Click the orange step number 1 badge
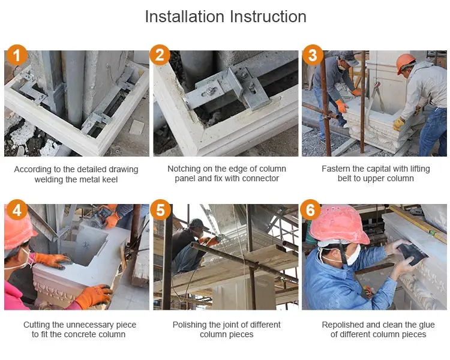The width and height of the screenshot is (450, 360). (17, 55)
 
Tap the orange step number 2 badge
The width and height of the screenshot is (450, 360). (160, 55)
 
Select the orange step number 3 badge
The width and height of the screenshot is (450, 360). (313, 55)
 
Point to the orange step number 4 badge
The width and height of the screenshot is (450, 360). (17, 210)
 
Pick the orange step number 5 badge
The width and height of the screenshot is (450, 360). (160, 210)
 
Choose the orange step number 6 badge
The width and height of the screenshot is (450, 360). (311, 210)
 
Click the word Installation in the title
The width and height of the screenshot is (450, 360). (185, 16)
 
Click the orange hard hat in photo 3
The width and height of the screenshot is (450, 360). (405, 62)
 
